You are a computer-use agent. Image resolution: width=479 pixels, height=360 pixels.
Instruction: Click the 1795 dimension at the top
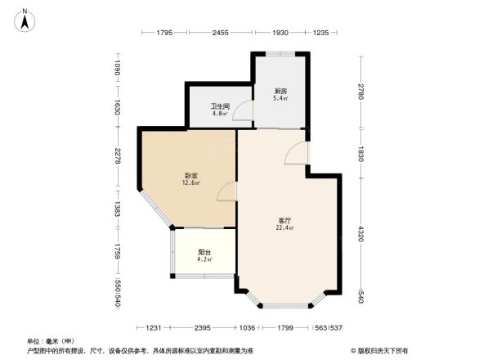[165, 33]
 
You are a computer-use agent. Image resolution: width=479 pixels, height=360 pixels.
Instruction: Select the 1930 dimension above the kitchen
[280, 33]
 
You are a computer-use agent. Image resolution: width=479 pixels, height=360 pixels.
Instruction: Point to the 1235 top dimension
[320, 33]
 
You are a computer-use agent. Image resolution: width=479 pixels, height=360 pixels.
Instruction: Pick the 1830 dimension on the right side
[360, 151]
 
